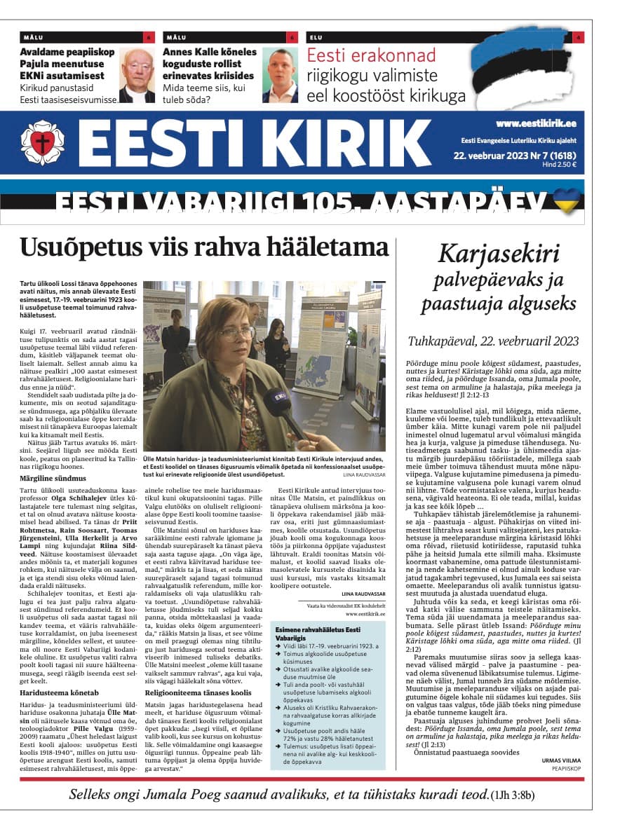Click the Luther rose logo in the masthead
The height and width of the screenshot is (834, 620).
point(42,142)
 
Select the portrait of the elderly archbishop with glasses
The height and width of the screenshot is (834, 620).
point(137,76)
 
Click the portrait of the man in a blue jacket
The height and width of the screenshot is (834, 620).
point(280,76)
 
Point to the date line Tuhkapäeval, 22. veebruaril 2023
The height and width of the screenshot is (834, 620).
point(493,341)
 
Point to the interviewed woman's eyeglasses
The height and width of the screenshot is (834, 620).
point(236,333)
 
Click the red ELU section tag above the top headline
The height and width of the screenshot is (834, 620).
point(317,37)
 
